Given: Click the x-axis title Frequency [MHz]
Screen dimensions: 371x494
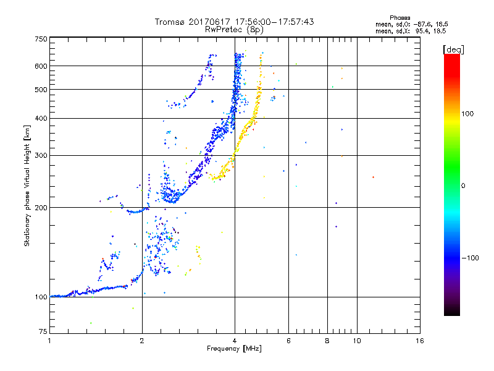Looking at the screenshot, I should click(x=235, y=349).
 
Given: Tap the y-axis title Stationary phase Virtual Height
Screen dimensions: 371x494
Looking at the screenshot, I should click(x=27, y=185).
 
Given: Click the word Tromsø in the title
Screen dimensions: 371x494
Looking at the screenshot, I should click(x=170, y=22).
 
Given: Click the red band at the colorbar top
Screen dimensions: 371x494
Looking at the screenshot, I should click(x=452, y=59).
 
